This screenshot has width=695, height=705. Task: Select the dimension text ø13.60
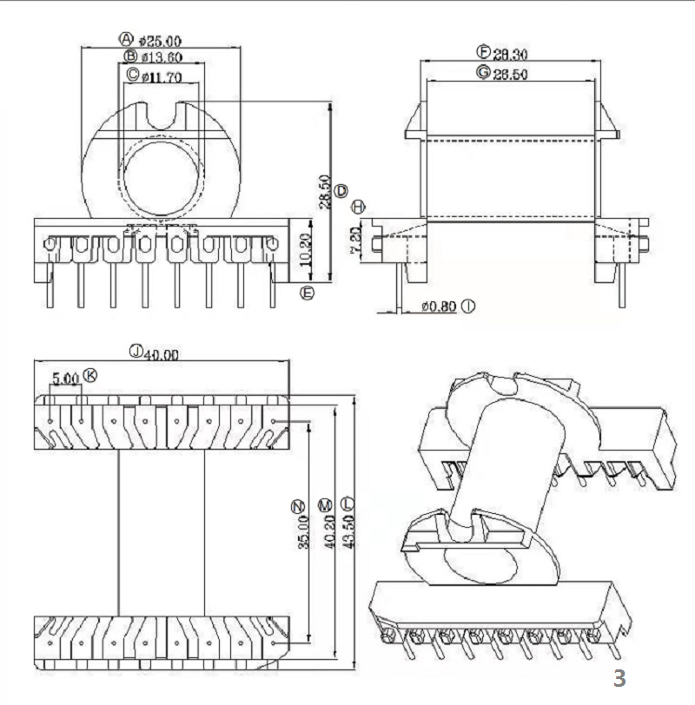(x=162, y=58)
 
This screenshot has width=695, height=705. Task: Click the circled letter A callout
(x=127, y=39)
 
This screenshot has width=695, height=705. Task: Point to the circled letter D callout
(x=341, y=190)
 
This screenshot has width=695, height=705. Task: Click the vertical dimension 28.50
(x=323, y=192)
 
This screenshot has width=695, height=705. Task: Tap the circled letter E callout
(x=306, y=293)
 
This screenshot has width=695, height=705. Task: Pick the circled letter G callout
(x=482, y=73)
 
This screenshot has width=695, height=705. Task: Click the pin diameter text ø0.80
(x=440, y=306)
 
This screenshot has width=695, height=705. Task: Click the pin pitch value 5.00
(x=66, y=378)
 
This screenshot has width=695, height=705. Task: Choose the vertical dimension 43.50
(x=347, y=530)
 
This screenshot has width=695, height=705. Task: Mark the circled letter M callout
(x=325, y=504)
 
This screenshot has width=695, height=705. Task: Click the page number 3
(x=619, y=678)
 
